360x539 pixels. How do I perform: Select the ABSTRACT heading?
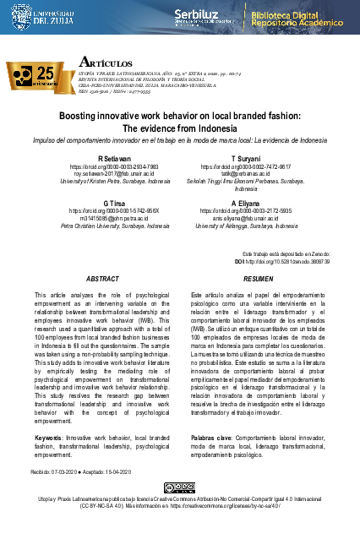tap(103, 278)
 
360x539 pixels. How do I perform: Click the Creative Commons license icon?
tap(179, 487)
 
